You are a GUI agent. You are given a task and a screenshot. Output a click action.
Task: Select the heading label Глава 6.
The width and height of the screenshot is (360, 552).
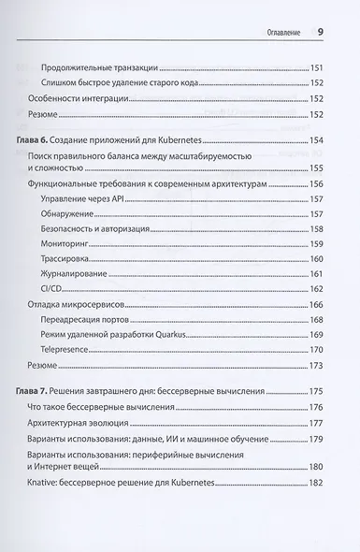point(40,138)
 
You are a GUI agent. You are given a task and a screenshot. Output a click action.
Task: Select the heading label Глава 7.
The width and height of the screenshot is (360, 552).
point(40,365)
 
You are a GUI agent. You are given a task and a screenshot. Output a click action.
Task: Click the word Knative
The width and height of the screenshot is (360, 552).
point(47,486)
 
